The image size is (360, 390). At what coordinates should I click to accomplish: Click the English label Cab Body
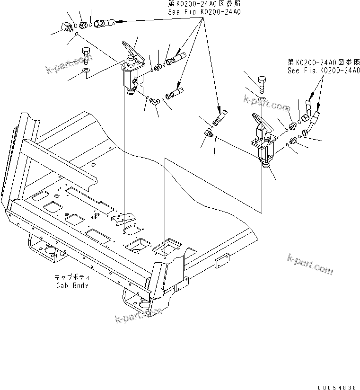(x=72, y=285)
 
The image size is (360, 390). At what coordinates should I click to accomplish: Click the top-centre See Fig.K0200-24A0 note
(x=204, y=11)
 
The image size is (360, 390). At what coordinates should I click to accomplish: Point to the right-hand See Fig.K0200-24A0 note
(x=324, y=70)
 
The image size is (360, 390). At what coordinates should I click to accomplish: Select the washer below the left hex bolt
(x=87, y=71)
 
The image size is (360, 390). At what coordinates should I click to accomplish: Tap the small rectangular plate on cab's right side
(x=222, y=261)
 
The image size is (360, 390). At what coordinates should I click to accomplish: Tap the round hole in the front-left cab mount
(x=47, y=249)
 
